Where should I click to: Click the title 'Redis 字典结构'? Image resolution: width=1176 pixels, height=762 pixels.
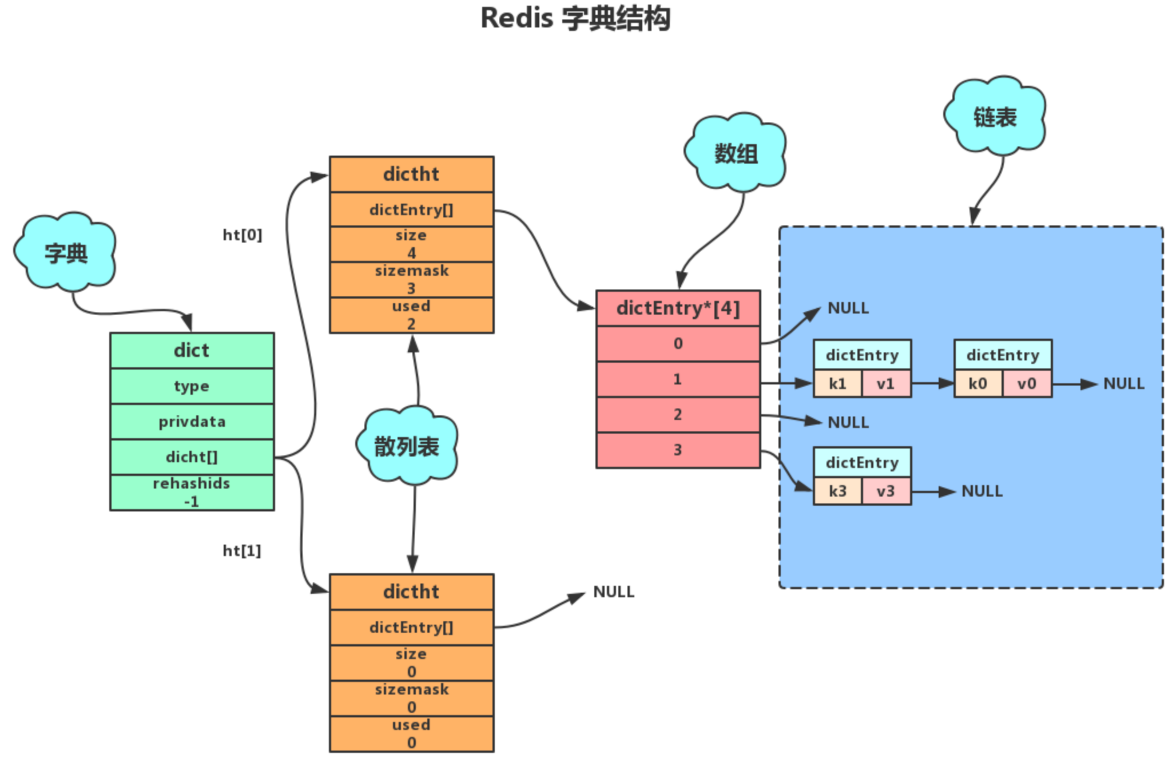click(575, 18)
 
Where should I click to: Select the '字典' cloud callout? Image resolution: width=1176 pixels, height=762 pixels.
click(66, 252)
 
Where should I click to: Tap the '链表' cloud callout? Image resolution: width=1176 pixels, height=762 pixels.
click(995, 117)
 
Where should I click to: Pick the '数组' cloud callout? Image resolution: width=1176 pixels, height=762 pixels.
click(736, 153)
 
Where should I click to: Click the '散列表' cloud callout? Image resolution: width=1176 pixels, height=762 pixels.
click(407, 446)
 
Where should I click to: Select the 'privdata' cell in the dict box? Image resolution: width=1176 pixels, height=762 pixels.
click(192, 422)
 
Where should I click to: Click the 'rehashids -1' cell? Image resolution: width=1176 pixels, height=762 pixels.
click(192, 493)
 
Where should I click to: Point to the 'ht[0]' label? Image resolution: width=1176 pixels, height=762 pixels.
click(242, 235)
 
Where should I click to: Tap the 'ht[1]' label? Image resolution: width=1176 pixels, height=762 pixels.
click(241, 551)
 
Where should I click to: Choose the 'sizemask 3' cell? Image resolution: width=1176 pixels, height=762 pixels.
click(411, 279)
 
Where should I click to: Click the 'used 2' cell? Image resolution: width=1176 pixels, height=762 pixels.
click(411, 315)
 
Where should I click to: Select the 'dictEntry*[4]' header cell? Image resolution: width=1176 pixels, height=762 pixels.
click(678, 308)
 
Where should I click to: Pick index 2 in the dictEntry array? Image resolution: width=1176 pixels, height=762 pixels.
click(678, 414)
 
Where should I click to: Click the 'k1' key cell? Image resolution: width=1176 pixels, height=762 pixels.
click(837, 383)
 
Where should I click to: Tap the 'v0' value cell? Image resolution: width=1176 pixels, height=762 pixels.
click(1027, 383)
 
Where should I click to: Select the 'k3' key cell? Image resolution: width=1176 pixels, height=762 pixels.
click(837, 491)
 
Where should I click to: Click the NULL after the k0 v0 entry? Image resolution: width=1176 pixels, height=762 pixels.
click(1123, 383)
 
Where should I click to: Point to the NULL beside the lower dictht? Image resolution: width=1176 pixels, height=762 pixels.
click(613, 592)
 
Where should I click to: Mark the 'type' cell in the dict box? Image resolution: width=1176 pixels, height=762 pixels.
click(192, 386)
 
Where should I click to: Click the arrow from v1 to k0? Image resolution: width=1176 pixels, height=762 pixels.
click(932, 383)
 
